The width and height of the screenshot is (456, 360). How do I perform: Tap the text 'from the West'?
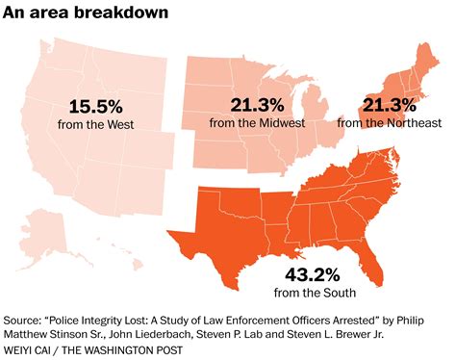pyautogui.click(x=93, y=125)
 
